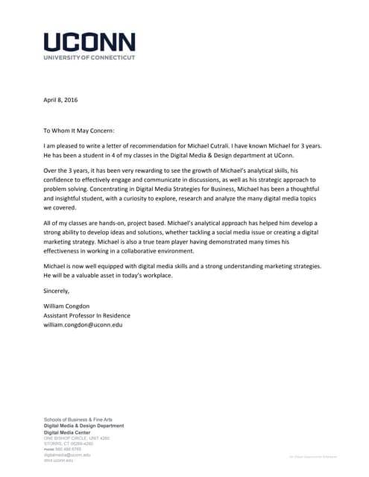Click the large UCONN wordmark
click(89, 42)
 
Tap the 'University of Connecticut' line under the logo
click(89, 57)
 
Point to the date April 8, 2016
click(60, 99)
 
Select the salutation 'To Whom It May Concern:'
click(79, 130)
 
